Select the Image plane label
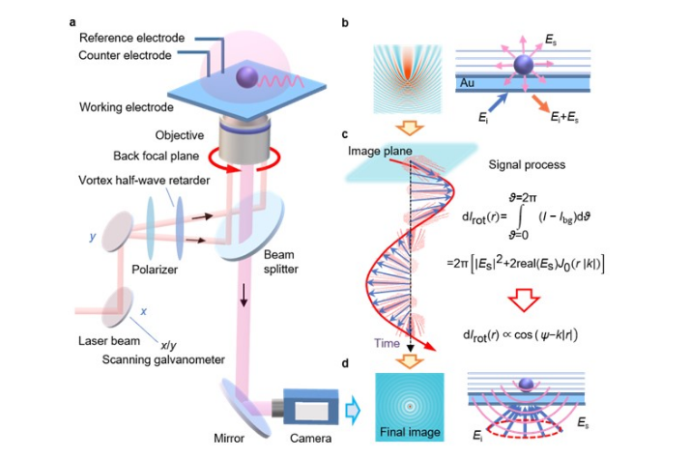tap(391, 151)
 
